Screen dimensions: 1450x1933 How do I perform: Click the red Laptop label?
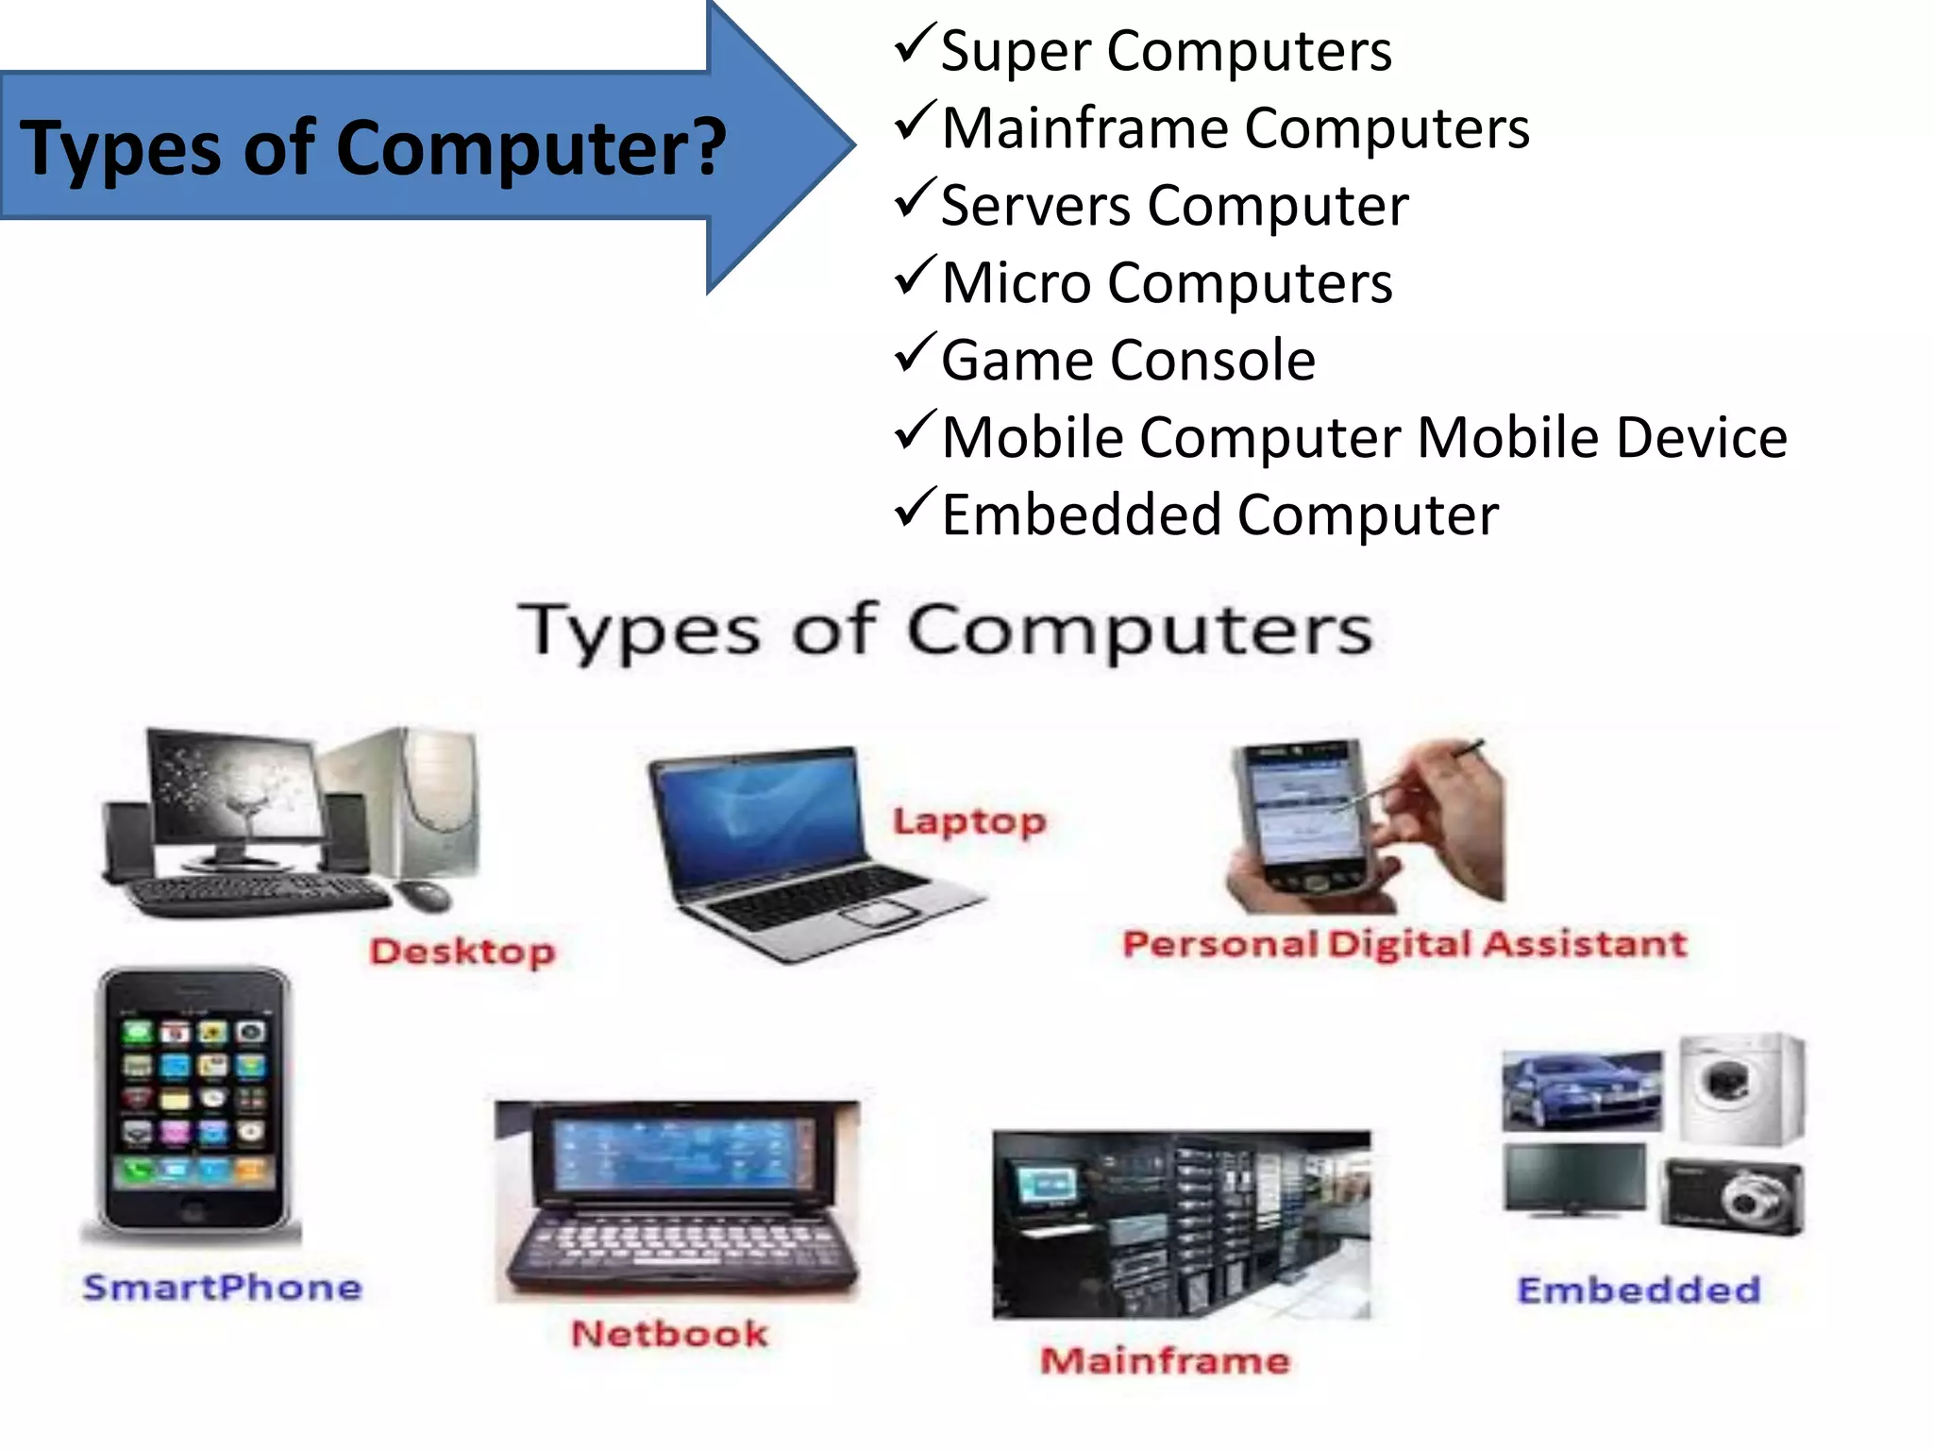[x=969, y=821]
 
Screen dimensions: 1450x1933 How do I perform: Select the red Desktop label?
[x=462, y=952]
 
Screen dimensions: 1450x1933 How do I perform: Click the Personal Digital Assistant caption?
[x=1404, y=944]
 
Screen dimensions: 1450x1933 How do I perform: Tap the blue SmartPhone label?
[x=223, y=1288]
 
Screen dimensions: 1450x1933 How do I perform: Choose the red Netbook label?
[x=669, y=1334]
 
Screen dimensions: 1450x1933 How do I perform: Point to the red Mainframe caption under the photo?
[x=1165, y=1360]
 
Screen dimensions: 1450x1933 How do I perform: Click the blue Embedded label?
[x=1639, y=1290]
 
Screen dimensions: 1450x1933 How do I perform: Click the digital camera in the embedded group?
[x=1733, y=1197]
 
